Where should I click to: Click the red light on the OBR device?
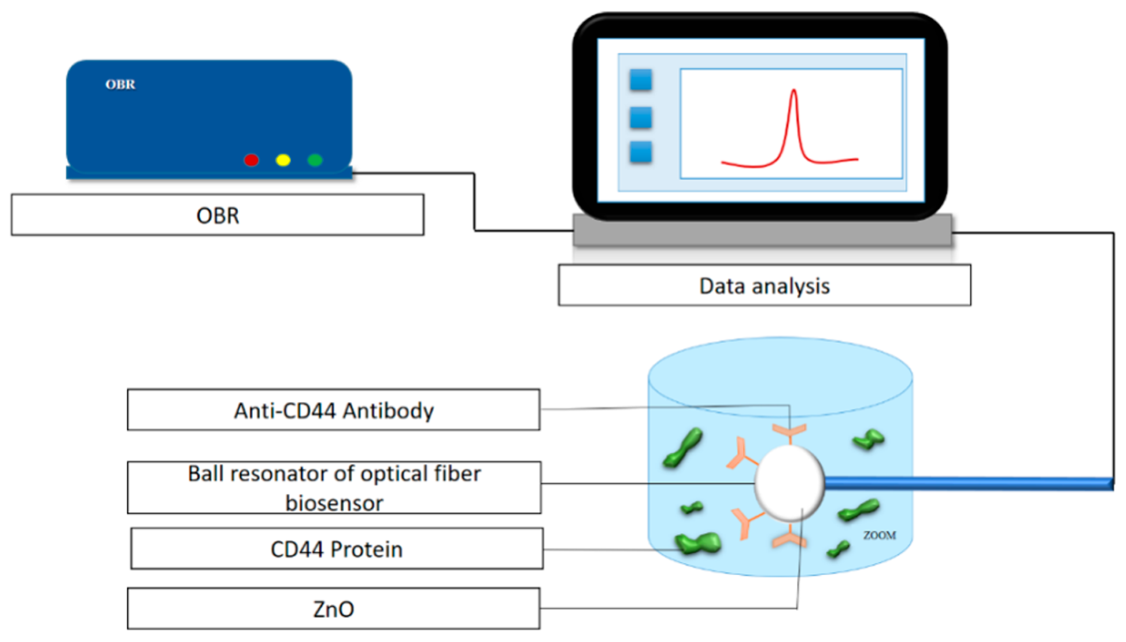pyautogui.click(x=251, y=160)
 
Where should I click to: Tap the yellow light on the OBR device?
pyautogui.click(x=283, y=160)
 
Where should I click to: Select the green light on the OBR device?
pyautogui.click(x=314, y=160)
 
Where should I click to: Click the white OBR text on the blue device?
pyautogui.click(x=120, y=84)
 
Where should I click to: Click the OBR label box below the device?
pyautogui.click(x=218, y=215)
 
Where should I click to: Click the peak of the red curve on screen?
pyautogui.click(x=793, y=91)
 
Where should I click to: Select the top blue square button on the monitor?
pyautogui.click(x=640, y=80)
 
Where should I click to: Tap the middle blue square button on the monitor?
pyautogui.click(x=640, y=117)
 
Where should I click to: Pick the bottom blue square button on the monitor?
pyautogui.click(x=640, y=152)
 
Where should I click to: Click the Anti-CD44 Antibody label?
pyautogui.click(x=333, y=410)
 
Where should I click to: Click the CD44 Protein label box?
pyautogui.click(x=337, y=549)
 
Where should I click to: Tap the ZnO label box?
pyautogui.click(x=333, y=608)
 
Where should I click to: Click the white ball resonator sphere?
pyautogui.click(x=789, y=483)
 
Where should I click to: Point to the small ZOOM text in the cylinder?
pyautogui.click(x=879, y=535)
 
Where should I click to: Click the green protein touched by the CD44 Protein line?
pyautogui.click(x=697, y=543)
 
